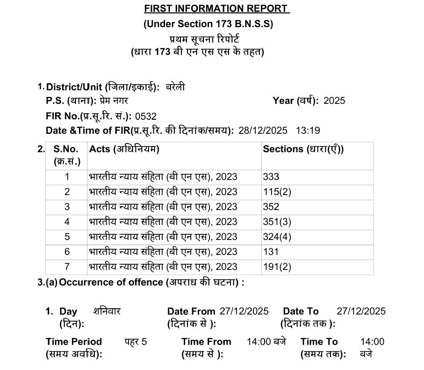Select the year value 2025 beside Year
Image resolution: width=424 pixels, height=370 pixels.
[x=334, y=101]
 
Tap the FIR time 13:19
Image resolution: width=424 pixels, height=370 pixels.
[x=309, y=131]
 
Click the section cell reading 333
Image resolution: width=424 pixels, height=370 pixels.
[x=271, y=177]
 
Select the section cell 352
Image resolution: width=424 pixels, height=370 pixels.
[x=271, y=207]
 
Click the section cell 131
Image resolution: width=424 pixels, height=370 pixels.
[x=271, y=252]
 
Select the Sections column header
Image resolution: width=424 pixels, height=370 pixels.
[x=303, y=149]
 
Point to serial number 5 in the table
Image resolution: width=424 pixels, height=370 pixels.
[x=67, y=237]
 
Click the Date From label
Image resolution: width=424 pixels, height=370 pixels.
[x=191, y=312]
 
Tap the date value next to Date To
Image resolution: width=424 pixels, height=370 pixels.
[x=361, y=312]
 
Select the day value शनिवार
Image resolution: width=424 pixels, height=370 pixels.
[x=107, y=312]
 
